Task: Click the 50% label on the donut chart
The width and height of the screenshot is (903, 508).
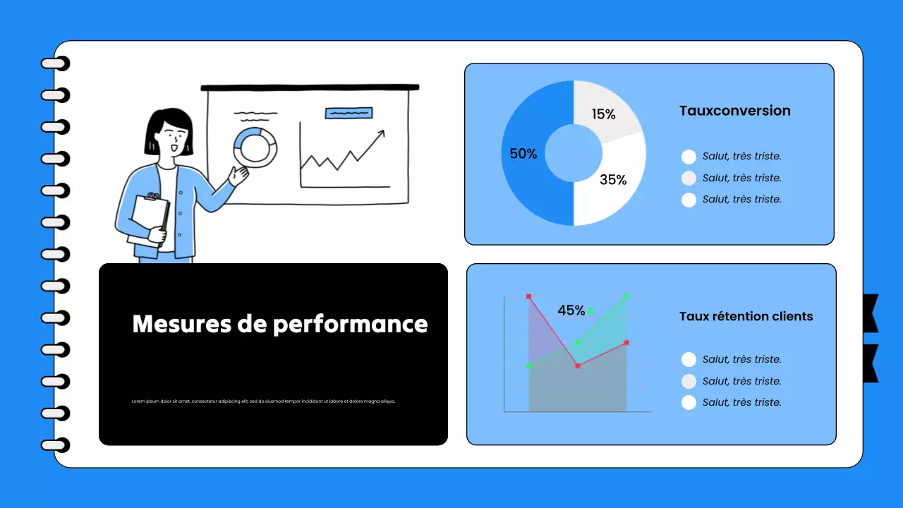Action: pos(523,154)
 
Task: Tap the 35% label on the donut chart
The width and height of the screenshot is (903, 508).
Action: pos(613,180)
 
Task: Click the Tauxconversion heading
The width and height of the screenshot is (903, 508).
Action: pos(734,111)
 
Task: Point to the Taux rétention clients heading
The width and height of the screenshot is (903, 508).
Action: pos(746,317)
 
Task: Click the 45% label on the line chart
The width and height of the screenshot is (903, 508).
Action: pos(571,310)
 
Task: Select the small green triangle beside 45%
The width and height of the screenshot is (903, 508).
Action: pos(590,310)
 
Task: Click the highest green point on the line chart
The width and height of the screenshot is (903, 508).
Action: pos(626,297)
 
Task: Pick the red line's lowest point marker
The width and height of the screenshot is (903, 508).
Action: pos(578,365)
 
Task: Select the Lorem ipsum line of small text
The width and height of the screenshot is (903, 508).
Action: pos(263,401)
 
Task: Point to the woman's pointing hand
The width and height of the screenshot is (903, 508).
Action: pos(238,174)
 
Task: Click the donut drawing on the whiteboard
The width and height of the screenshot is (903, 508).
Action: pos(255,147)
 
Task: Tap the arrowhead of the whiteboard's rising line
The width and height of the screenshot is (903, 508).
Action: pos(382,133)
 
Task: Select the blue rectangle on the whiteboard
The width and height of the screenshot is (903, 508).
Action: pos(349,113)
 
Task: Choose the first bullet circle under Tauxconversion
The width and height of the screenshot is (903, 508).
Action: pos(689,157)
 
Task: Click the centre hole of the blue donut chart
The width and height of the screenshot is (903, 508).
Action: pos(574,153)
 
